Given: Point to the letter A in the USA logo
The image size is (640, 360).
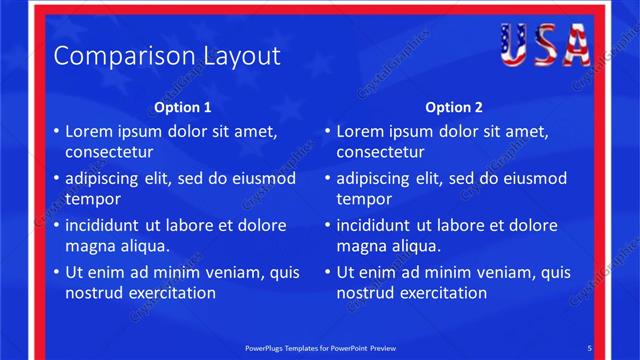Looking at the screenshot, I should point(575,45).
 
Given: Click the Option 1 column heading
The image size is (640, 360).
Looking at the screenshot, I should point(183,108).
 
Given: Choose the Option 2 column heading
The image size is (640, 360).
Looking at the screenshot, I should point(454,108).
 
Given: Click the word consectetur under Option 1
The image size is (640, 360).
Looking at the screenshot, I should point(109,153).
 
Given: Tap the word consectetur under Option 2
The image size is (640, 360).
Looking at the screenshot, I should point(380,153).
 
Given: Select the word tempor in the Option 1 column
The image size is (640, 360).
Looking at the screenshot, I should point(93,199).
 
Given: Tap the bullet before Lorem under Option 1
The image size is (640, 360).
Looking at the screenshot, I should point(56,132).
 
